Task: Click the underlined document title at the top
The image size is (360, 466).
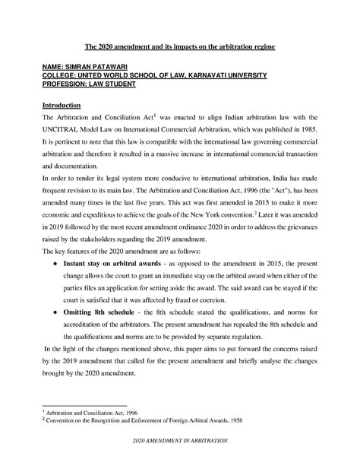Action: pos(179,48)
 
